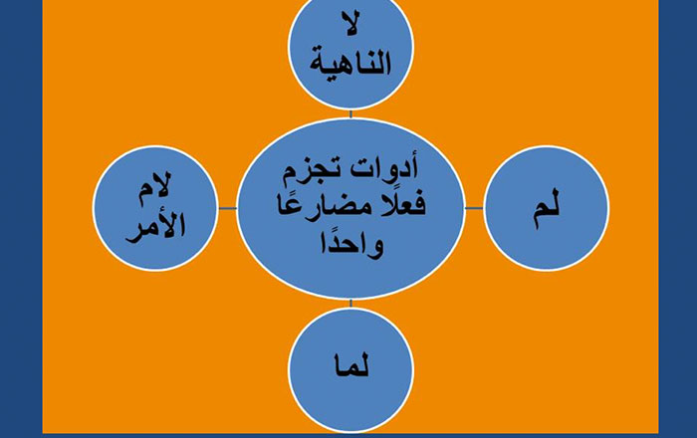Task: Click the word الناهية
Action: tap(350, 62)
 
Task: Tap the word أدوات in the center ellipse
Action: tap(385, 169)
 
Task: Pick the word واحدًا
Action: tap(351, 244)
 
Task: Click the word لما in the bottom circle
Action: tap(351, 367)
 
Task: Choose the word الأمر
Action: tap(155, 227)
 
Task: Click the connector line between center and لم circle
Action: tap(474, 208)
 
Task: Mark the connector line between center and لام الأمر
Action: tap(228, 208)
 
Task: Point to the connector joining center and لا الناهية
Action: tap(350, 114)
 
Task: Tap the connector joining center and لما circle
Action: tap(350, 304)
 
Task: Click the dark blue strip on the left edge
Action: tap(21, 219)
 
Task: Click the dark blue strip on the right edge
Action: tap(678, 219)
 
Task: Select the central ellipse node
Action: tap(350, 208)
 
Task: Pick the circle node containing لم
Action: tap(547, 208)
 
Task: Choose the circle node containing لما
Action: tap(350, 370)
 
